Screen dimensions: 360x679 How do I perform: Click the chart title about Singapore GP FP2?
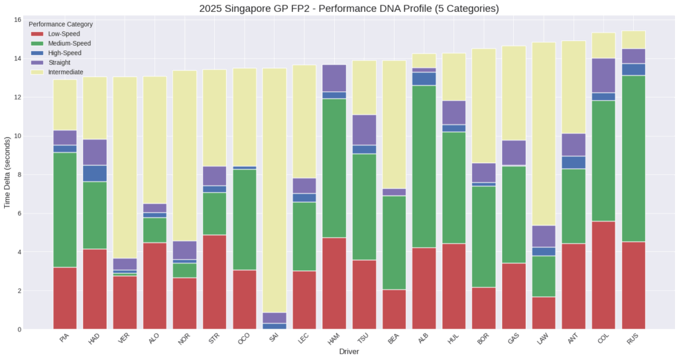349,9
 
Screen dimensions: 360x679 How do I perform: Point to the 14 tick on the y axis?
17,58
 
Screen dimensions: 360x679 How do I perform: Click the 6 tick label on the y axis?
19,213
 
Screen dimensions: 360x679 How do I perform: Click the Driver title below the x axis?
349,351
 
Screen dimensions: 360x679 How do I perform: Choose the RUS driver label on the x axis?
633,337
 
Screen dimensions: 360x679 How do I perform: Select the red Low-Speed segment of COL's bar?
603,275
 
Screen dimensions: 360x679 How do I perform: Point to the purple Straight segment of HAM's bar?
334,78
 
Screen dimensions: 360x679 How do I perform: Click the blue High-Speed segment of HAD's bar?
94,173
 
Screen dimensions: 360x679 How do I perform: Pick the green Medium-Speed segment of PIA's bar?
64,210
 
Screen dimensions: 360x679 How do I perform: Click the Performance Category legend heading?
61,25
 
